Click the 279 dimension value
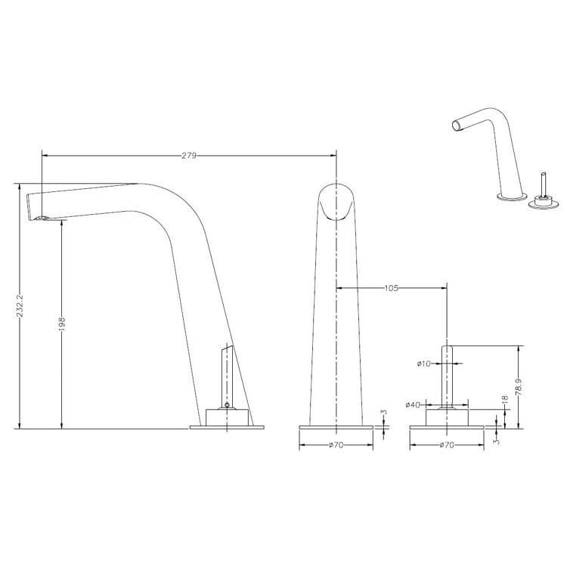(x=189, y=156)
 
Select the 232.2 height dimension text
(x=20, y=305)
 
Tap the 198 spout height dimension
(x=61, y=324)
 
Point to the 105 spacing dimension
(x=391, y=288)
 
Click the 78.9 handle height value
(x=519, y=387)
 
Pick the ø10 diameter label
(x=424, y=364)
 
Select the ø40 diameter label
(x=413, y=404)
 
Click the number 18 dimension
(x=505, y=399)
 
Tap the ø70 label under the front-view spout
(x=336, y=445)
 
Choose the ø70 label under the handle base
(x=447, y=445)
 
